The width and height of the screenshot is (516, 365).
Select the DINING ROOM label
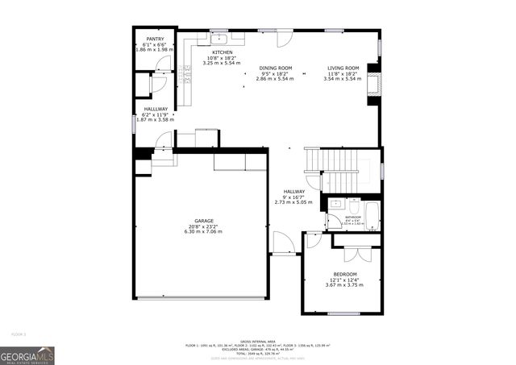tap(275, 68)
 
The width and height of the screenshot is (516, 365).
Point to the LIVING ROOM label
tap(343, 68)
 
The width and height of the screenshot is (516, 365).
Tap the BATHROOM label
tap(353, 217)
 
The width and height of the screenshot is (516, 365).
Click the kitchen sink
tap(219, 37)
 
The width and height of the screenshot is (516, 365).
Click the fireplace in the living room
tap(372, 85)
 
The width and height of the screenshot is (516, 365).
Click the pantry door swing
tap(158, 82)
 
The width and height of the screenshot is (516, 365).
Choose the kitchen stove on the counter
tap(186, 76)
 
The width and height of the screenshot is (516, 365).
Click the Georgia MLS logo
tap(27, 355)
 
